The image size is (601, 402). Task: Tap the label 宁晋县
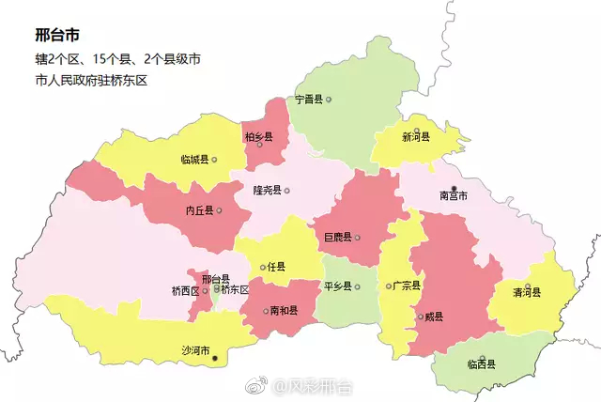[308, 100]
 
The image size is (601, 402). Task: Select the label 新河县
[415, 137]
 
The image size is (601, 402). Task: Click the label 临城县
[194, 160]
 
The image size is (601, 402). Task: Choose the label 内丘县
[199, 210]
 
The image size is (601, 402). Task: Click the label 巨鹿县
[337, 237]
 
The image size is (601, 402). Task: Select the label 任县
[275, 268]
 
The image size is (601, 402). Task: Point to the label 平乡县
[336, 286]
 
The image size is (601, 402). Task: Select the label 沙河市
[195, 350]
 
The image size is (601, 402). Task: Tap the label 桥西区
[185, 291]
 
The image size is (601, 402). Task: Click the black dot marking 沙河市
[215, 358]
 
